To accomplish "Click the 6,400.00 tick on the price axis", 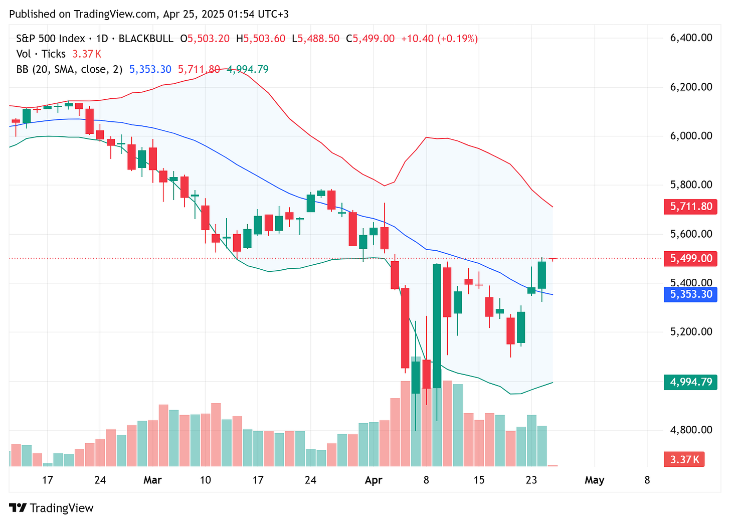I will click(691, 38).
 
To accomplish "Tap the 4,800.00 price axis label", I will click(691, 430).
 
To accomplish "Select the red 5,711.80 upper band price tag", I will click(690, 207).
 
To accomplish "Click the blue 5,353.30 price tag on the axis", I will click(690, 294).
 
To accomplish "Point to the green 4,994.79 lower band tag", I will click(690, 382).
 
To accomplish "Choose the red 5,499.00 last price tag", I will click(690, 259).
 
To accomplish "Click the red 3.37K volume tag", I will click(684, 459).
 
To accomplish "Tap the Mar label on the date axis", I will click(152, 480).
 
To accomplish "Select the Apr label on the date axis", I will click(374, 480).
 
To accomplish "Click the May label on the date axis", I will click(594, 480).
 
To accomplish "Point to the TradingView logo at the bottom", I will click(52, 508).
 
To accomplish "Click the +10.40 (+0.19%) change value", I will click(439, 39).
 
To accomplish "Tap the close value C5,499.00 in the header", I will click(370, 39).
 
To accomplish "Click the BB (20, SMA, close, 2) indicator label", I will click(69, 70).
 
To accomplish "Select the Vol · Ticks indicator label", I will click(41, 54).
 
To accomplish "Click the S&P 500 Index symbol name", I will click(50, 39).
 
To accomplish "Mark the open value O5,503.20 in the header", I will click(205, 39).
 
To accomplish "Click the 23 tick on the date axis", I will click(531, 480).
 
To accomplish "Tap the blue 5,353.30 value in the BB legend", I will click(150, 70).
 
